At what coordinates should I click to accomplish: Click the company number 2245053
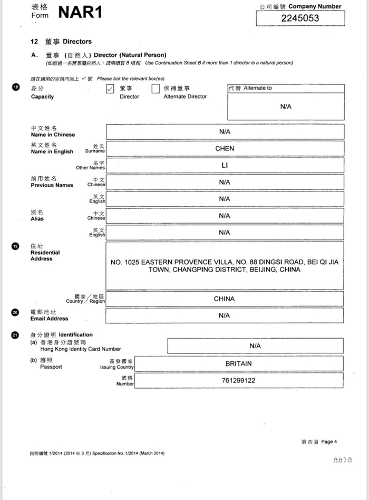coord(300,18)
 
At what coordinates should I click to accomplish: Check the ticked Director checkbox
coord(110,89)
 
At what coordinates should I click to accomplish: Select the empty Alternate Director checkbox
coord(156,89)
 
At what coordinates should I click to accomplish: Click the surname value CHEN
coord(225,149)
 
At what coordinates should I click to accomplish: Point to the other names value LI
coord(225,165)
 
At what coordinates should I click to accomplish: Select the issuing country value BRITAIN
coord(238,363)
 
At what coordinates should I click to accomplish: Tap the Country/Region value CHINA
coord(224,299)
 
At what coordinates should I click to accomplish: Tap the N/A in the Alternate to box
coord(286,107)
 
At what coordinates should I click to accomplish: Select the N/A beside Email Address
coord(225,315)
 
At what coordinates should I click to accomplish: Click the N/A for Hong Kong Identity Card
coord(255,346)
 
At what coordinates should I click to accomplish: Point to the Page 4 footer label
coord(318,442)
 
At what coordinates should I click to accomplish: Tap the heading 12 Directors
coord(61,41)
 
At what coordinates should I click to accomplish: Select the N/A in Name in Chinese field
coord(225,132)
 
